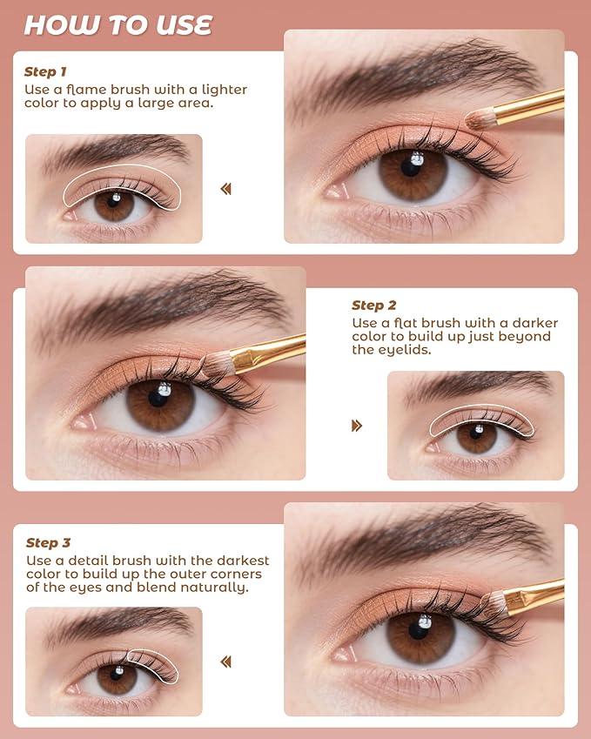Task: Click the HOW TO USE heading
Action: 118,25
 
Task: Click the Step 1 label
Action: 45,71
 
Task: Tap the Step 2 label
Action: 373,305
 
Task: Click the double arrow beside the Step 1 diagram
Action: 226,189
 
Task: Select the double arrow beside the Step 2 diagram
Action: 356,426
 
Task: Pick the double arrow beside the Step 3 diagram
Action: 226,662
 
